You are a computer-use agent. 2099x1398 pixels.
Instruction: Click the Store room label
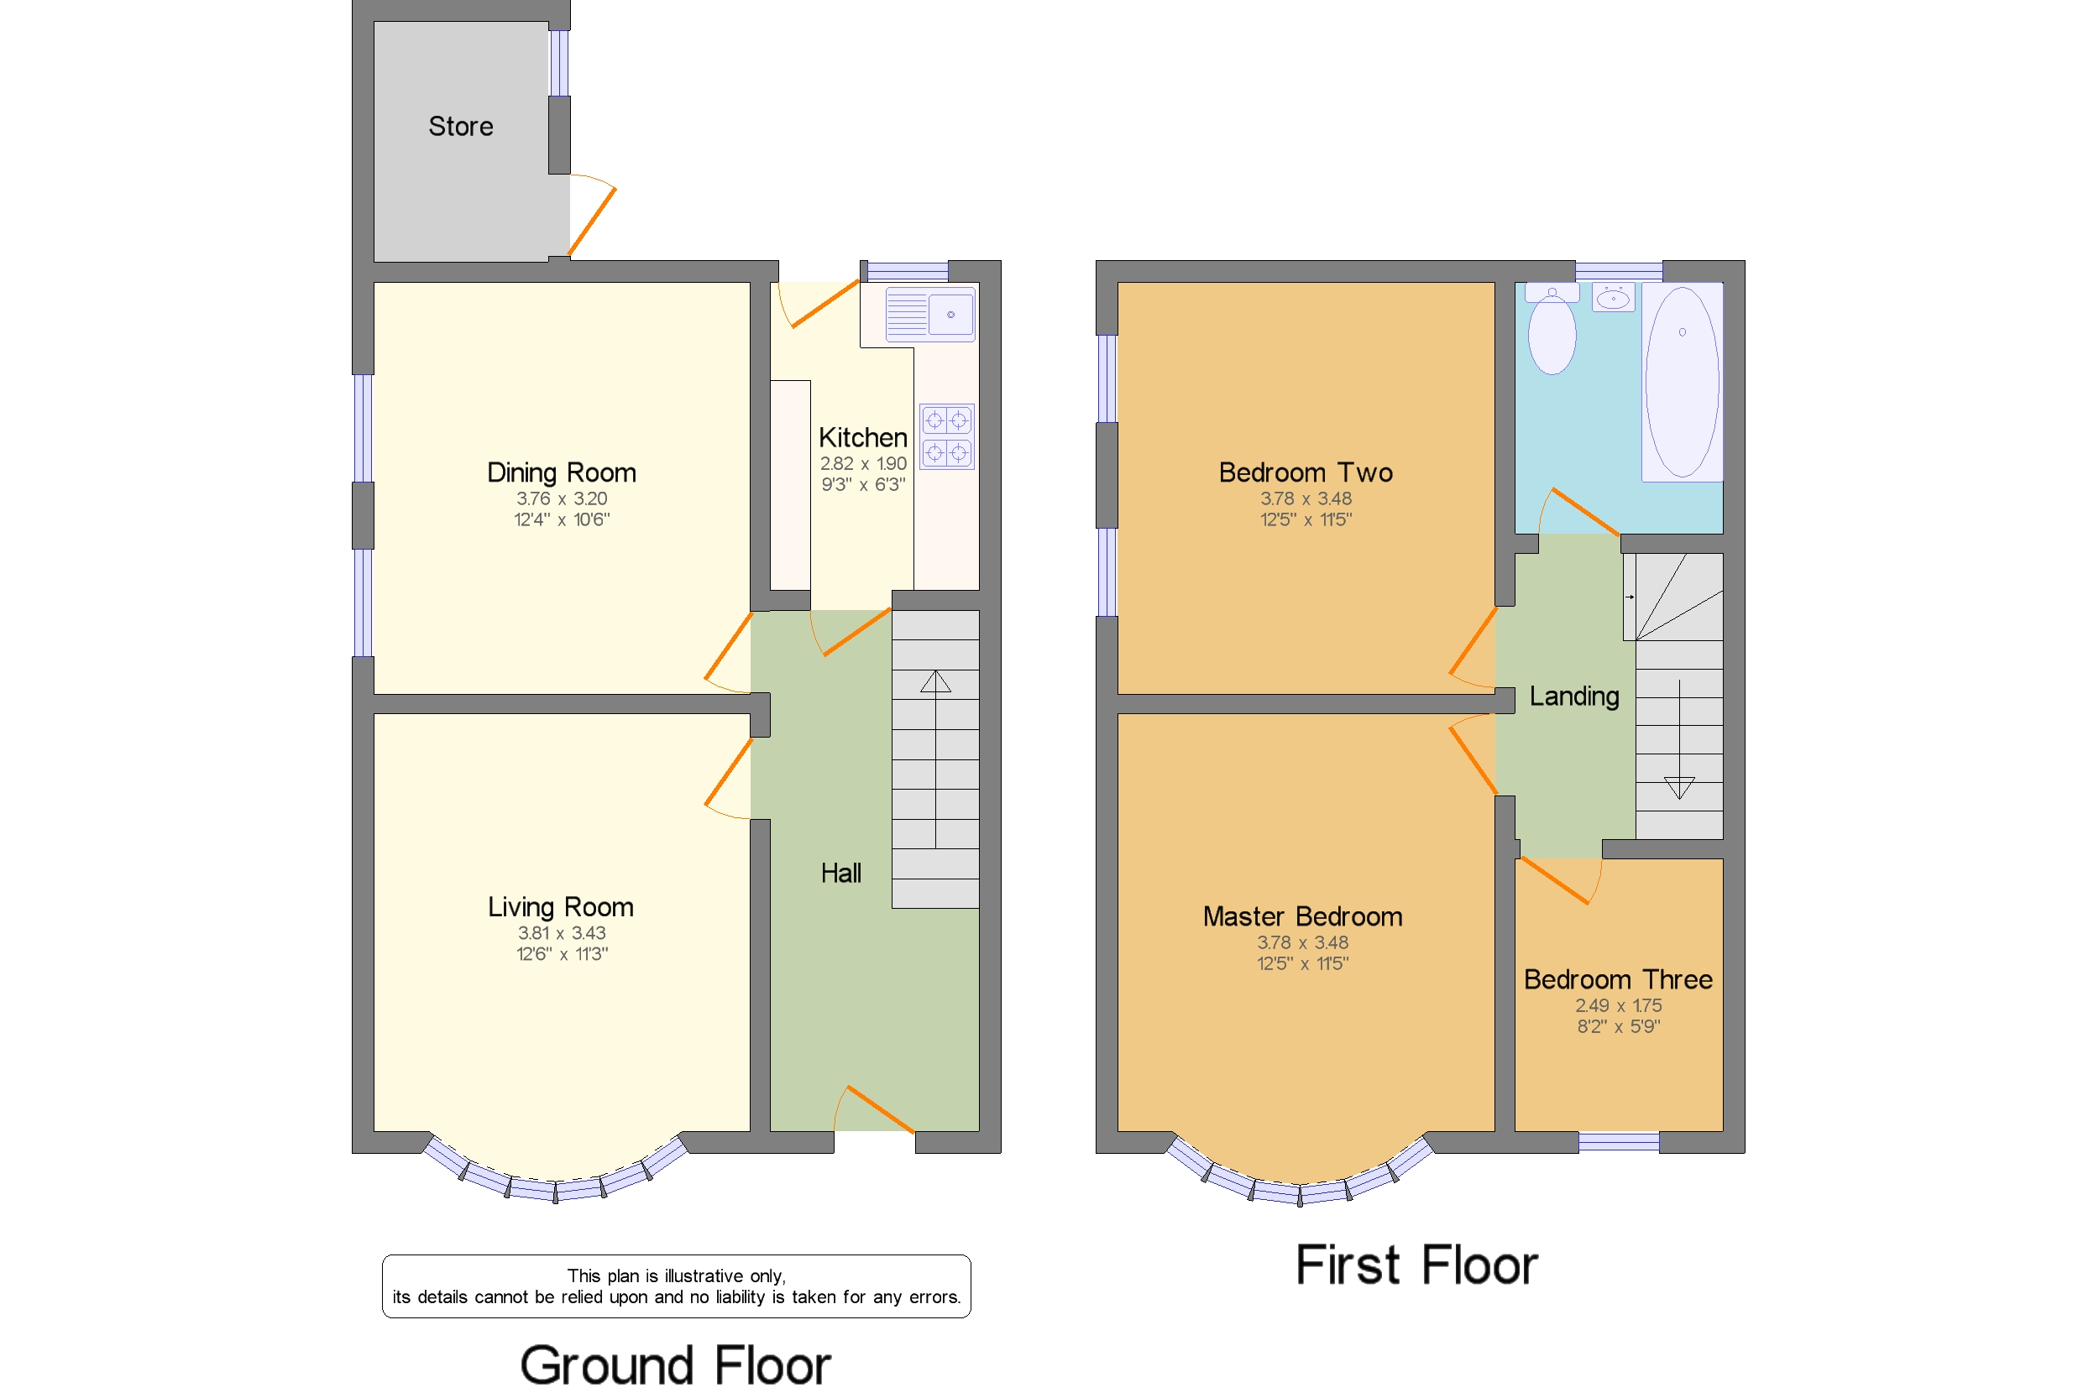click(460, 127)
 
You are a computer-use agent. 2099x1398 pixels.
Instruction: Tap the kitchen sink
click(930, 314)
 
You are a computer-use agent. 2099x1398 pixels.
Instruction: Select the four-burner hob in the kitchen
click(946, 437)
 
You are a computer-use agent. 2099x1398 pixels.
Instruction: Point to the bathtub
click(1683, 382)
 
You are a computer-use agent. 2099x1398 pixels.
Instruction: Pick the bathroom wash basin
click(1613, 297)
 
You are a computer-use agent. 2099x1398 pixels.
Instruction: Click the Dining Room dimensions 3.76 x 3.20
click(561, 498)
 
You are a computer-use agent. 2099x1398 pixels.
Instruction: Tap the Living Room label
click(560, 908)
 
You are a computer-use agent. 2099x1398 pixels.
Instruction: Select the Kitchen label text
click(862, 438)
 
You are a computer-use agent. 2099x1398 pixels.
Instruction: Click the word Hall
click(840, 873)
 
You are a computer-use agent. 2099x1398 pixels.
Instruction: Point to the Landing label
click(1574, 696)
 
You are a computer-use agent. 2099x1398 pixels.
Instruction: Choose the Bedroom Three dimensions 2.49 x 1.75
click(1618, 1005)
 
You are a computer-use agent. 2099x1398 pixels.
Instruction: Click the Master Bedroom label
click(1302, 916)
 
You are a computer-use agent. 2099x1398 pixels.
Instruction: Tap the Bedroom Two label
click(1306, 472)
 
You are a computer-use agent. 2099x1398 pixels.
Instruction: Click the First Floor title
click(1416, 1265)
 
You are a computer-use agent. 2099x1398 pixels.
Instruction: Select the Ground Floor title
click(675, 1366)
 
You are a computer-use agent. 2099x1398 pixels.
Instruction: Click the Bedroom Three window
click(1619, 1142)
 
